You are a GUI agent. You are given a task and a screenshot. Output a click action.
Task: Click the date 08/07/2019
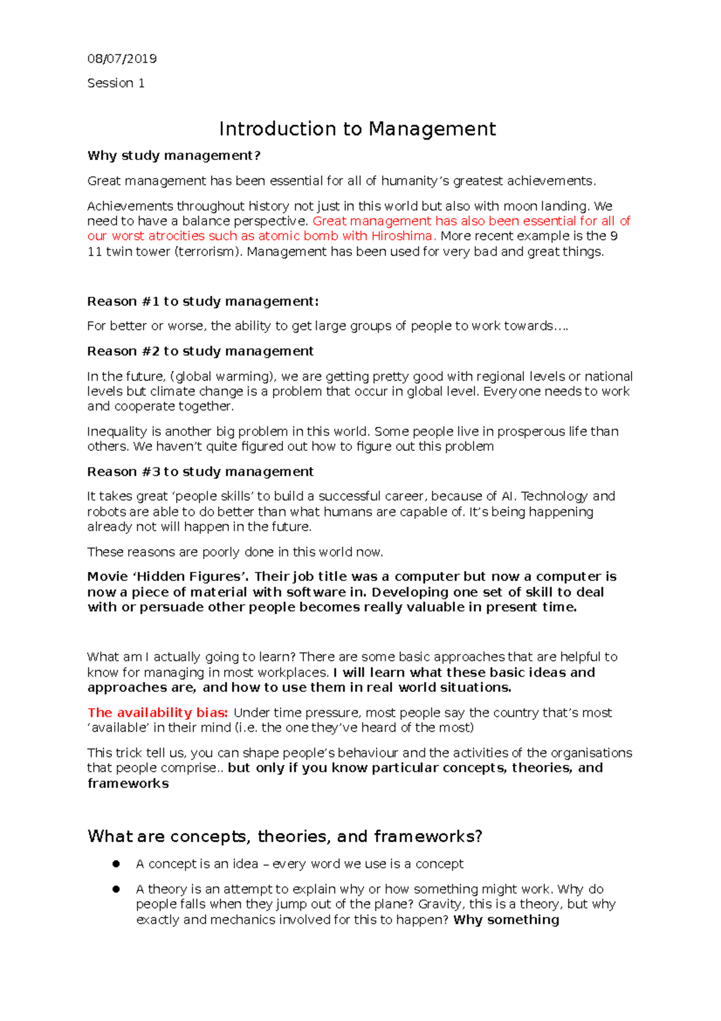[x=122, y=58]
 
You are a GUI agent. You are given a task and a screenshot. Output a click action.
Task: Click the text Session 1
[x=116, y=83]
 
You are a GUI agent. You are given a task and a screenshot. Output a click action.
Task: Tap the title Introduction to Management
[x=357, y=129]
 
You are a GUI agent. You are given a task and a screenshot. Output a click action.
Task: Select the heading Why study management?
[x=174, y=156]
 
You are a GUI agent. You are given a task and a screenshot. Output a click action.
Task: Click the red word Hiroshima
[x=401, y=236]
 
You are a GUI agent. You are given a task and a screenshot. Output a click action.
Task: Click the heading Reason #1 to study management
[x=202, y=301]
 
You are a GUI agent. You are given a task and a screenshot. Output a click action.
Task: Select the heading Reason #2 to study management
[x=200, y=351]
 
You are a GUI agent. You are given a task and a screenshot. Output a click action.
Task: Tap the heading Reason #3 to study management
[x=200, y=472]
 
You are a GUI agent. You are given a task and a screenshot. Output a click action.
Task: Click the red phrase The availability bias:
[x=157, y=713]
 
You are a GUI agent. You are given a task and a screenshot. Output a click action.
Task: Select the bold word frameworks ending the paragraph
[x=128, y=783]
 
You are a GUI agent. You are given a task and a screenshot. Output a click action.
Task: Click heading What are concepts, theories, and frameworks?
[x=285, y=836]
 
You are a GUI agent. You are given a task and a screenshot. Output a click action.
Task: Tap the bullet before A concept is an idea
[x=116, y=864]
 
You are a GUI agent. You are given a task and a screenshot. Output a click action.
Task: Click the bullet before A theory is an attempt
[x=116, y=889]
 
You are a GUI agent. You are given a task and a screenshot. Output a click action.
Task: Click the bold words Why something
[x=506, y=920]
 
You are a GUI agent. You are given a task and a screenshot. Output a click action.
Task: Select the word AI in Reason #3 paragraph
[x=508, y=497]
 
